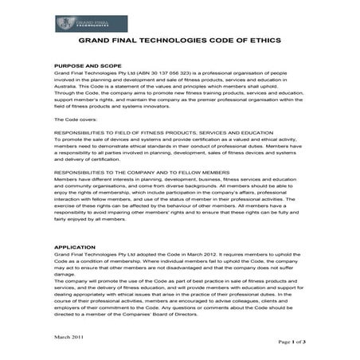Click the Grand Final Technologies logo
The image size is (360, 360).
(x=80, y=24)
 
